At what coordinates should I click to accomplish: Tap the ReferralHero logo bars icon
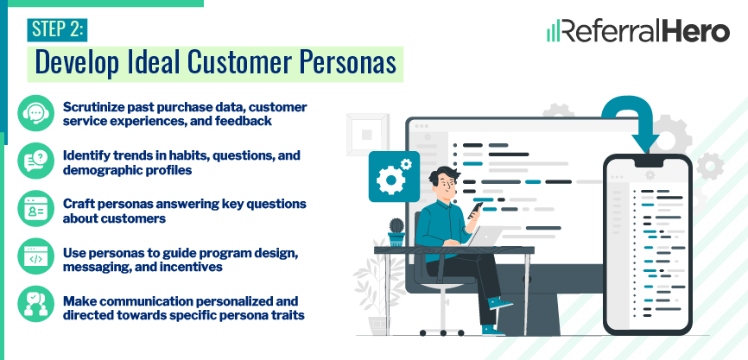(x=554, y=32)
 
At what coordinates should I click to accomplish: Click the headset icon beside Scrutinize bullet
(x=35, y=113)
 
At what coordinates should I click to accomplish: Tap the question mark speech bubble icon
(x=35, y=161)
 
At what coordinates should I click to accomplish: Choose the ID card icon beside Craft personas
(x=35, y=208)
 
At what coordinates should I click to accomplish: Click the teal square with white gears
(x=394, y=176)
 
